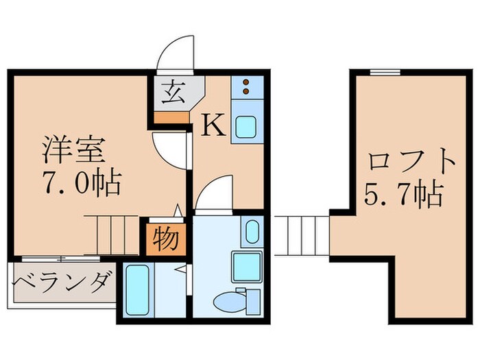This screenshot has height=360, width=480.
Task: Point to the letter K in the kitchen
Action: tap(213, 125)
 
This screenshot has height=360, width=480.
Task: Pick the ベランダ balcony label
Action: tap(62, 283)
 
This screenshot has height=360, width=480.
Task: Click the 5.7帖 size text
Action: tap(403, 197)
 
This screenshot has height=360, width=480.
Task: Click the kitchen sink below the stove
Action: tap(245, 126)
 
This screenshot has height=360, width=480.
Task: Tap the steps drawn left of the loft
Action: tap(302, 235)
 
